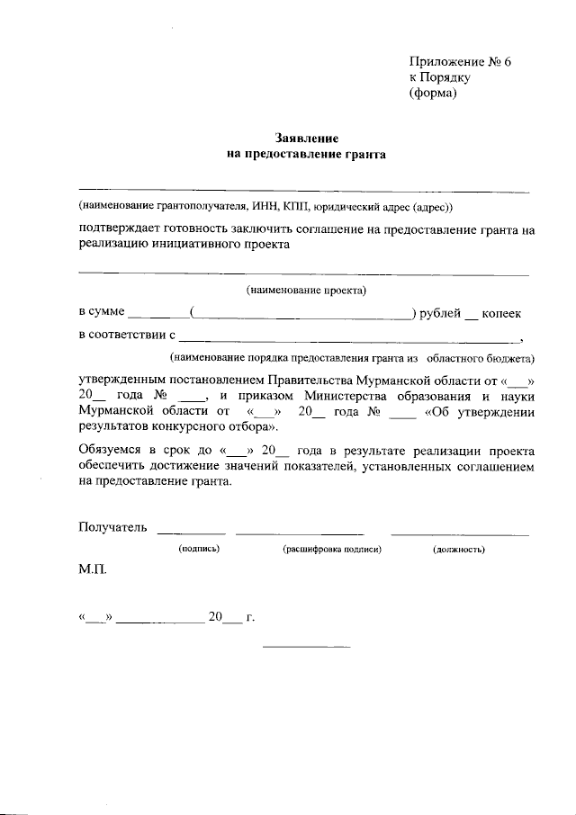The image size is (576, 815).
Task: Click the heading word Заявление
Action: point(306,139)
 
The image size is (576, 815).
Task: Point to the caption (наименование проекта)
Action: point(306,291)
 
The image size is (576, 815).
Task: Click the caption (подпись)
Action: point(199,548)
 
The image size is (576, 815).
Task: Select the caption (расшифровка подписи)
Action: point(333,548)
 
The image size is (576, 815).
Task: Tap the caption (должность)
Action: point(459,548)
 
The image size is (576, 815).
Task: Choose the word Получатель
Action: point(112,527)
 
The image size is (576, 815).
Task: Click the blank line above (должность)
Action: point(460,534)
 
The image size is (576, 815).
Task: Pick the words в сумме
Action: point(102,313)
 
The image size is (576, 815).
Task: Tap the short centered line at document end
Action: point(305,647)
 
